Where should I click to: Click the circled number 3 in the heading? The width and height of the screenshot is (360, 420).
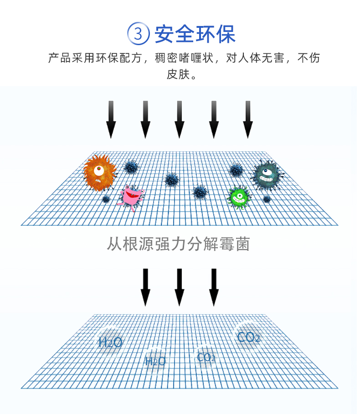click(139, 35)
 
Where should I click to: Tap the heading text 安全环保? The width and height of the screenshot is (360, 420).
click(195, 34)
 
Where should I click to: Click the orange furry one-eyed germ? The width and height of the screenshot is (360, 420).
click(99, 172)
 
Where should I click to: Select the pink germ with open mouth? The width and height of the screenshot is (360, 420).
click(133, 196)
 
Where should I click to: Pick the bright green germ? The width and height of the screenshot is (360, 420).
click(238, 197)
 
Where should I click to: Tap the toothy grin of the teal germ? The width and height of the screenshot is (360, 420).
click(267, 179)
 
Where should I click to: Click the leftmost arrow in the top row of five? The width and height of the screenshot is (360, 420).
click(111, 119)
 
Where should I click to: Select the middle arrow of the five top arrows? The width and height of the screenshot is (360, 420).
click(179, 119)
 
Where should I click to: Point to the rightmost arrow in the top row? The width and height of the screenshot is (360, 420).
click(247, 119)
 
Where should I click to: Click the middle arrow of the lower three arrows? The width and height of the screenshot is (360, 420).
click(179, 287)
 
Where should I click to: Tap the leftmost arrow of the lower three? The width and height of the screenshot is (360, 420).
click(145, 287)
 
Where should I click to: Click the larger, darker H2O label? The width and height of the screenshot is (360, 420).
click(110, 342)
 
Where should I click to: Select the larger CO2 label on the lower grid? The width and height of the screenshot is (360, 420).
click(249, 337)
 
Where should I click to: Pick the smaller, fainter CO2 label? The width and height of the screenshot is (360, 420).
click(206, 357)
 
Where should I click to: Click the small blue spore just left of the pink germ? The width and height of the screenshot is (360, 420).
click(106, 199)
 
